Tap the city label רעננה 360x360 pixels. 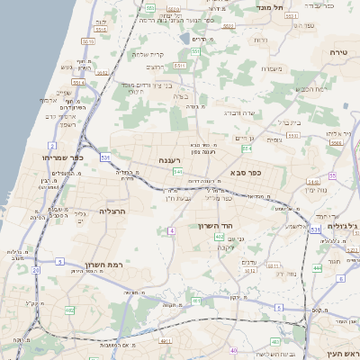click(x=171, y=159)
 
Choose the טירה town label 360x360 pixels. click(x=339, y=53)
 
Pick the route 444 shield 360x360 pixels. click(x=317, y=268)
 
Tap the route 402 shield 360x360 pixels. click(x=220, y=237)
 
